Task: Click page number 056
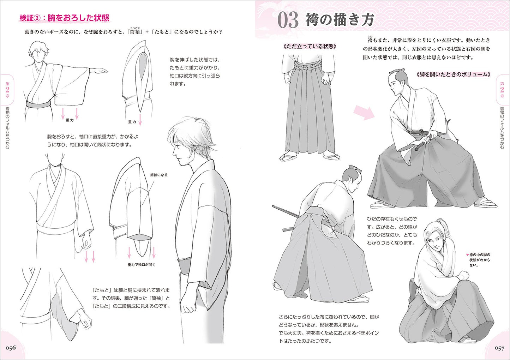[11, 348]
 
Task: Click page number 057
[499, 348]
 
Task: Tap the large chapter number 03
[288, 20]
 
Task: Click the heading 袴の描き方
[340, 20]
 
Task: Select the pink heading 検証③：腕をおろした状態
[65, 18]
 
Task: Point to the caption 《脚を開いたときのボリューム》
[453, 74]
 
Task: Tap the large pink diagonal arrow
[364, 113]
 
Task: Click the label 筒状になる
[159, 175]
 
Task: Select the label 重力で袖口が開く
[141, 265]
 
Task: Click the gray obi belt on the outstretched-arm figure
[38, 104]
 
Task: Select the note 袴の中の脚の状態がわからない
[478, 260]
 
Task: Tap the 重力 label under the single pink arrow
[132, 122]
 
